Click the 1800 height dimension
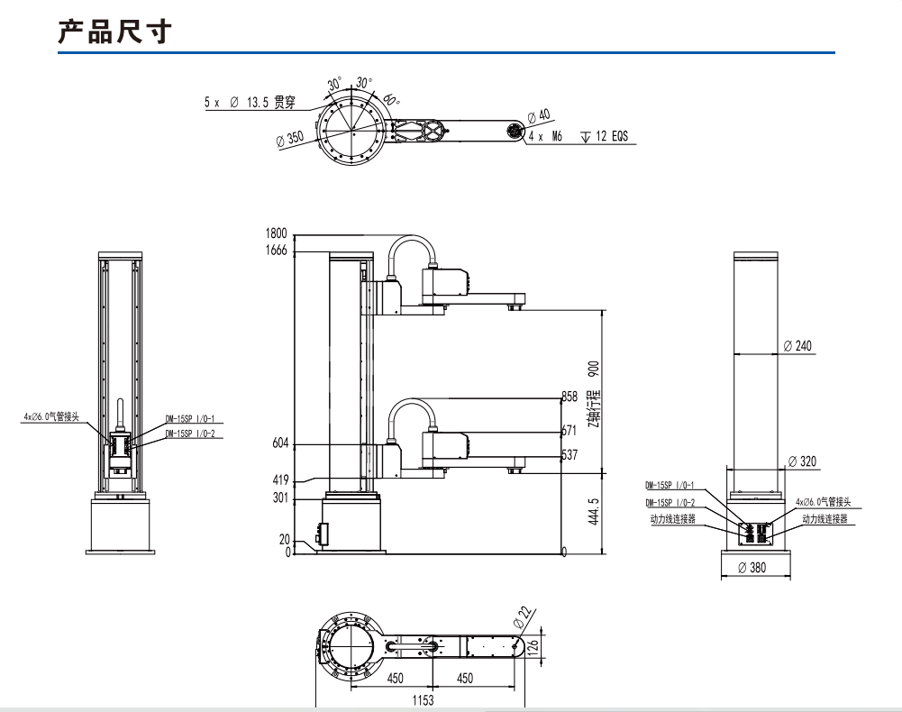tap(276, 234)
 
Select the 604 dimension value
tap(279, 443)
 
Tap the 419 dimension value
tap(279, 480)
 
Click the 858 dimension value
tap(569, 397)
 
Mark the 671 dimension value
tap(569, 431)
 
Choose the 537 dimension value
tap(569, 455)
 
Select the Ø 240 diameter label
tap(797, 346)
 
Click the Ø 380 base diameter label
tap(752, 568)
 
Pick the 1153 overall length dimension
tap(422, 699)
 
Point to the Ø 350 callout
tap(290, 139)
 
